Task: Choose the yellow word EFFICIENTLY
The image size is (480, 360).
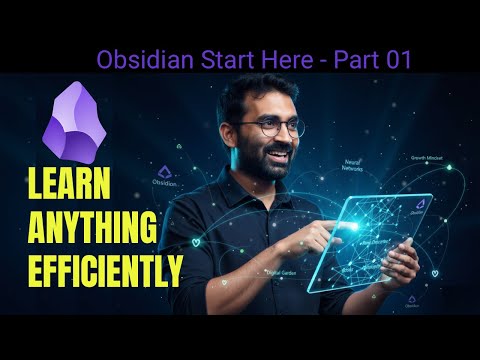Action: pos(92,269)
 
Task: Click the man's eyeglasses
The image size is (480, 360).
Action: pos(272,127)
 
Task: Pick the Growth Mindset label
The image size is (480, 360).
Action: pos(428,158)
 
